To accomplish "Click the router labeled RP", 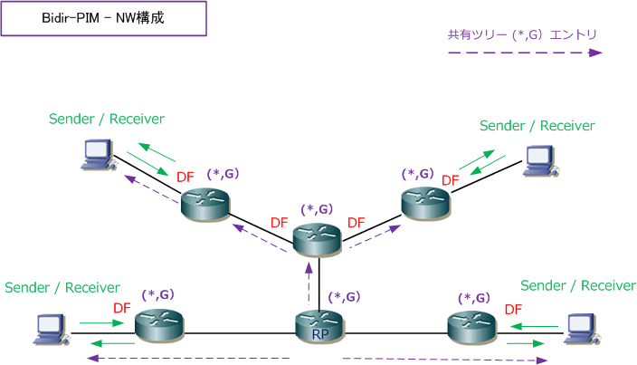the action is click(x=320, y=326).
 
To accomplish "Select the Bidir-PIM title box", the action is click(x=104, y=18).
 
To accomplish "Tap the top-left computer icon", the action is click(x=98, y=155).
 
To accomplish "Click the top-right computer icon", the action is click(x=540, y=161).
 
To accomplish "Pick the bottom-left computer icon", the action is click(x=51, y=330).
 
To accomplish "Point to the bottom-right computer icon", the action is click(x=582, y=330).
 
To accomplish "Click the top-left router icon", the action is click(x=205, y=205).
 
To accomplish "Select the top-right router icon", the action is click(x=426, y=203).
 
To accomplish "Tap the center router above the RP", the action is click(x=317, y=240).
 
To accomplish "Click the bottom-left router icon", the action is click(x=159, y=325).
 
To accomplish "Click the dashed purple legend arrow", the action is click(x=525, y=53).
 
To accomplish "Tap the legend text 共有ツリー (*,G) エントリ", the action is click(x=522, y=35).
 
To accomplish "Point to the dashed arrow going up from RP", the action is click(x=309, y=283).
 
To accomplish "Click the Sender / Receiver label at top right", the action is click(x=537, y=126).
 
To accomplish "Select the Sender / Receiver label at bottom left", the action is click(x=62, y=287).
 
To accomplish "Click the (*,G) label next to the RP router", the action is click(x=344, y=297).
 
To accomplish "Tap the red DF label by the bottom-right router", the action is click(x=513, y=310).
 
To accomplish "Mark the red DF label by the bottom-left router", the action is click(x=122, y=308).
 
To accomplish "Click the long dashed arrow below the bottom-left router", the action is click(x=188, y=358).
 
